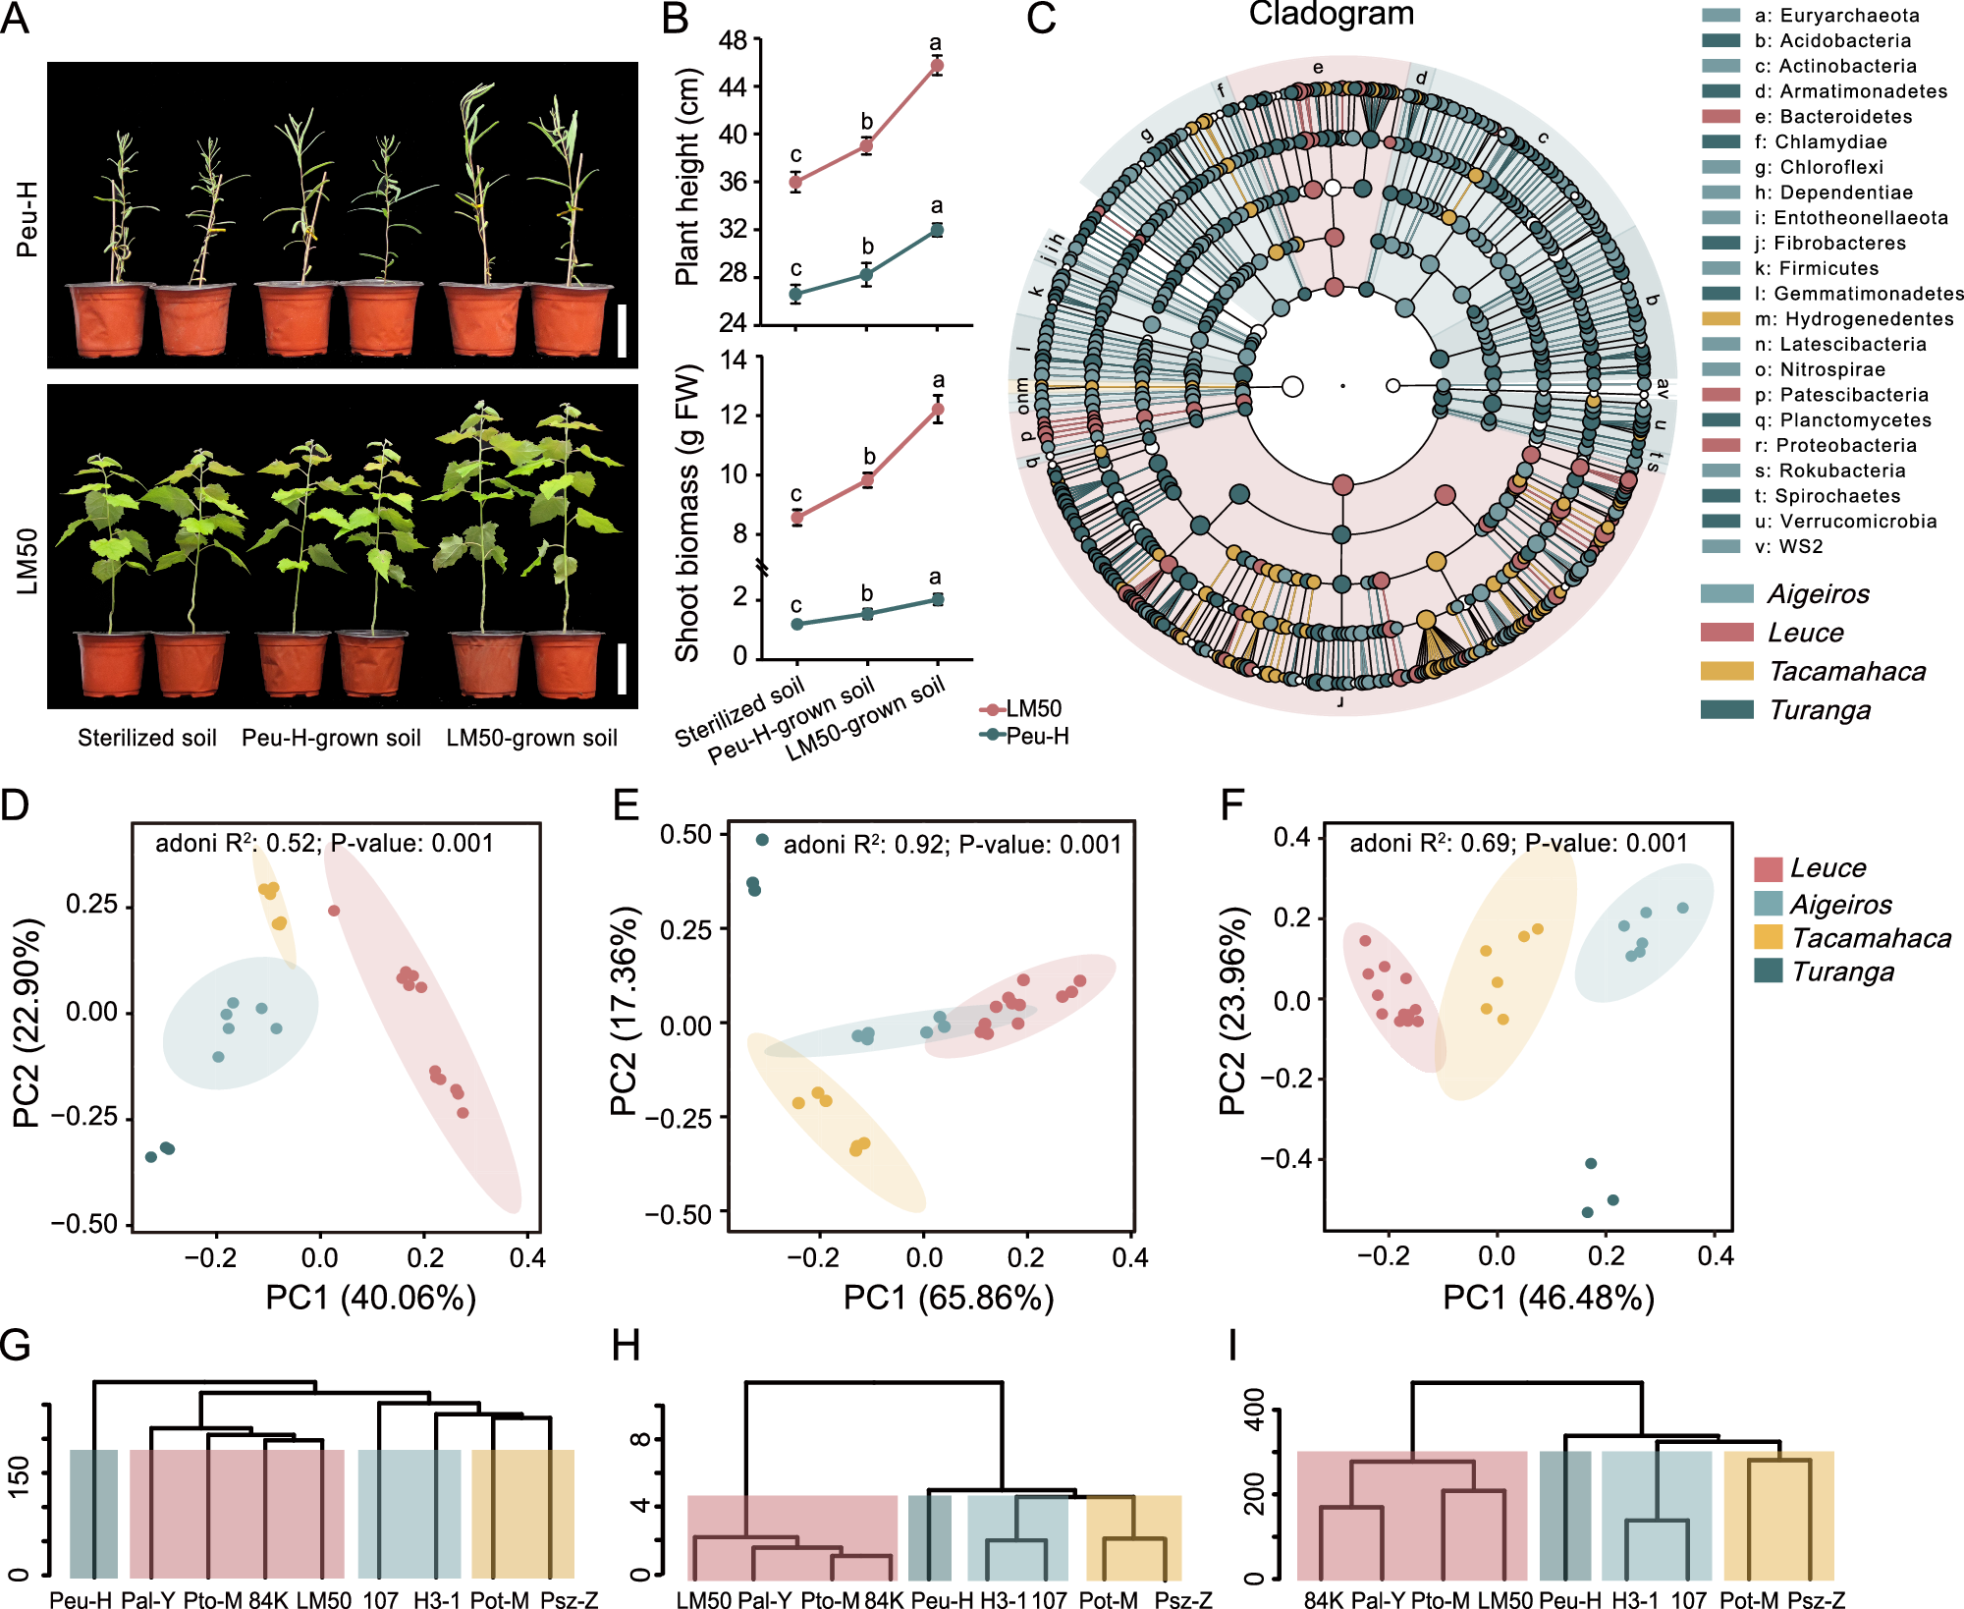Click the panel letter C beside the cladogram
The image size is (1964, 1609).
(x=1041, y=20)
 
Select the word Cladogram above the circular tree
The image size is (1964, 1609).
(x=1331, y=14)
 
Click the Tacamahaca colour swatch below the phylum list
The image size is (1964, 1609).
(x=1727, y=671)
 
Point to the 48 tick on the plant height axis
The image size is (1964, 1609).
(x=733, y=40)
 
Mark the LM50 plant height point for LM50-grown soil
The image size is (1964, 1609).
(x=937, y=66)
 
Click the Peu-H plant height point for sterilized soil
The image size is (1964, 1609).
(x=795, y=294)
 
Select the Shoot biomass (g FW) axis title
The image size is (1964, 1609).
(x=687, y=512)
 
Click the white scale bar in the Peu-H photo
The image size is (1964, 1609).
(x=622, y=330)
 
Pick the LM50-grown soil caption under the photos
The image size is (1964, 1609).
(x=531, y=738)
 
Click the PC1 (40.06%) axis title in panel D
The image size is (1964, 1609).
(x=370, y=1298)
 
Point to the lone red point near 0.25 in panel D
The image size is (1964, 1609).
(x=334, y=911)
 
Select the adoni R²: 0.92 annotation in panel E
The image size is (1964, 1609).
(x=952, y=845)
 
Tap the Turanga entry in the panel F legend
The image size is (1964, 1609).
(x=1842, y=971)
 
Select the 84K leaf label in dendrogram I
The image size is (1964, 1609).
(x=1323, y=1600)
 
